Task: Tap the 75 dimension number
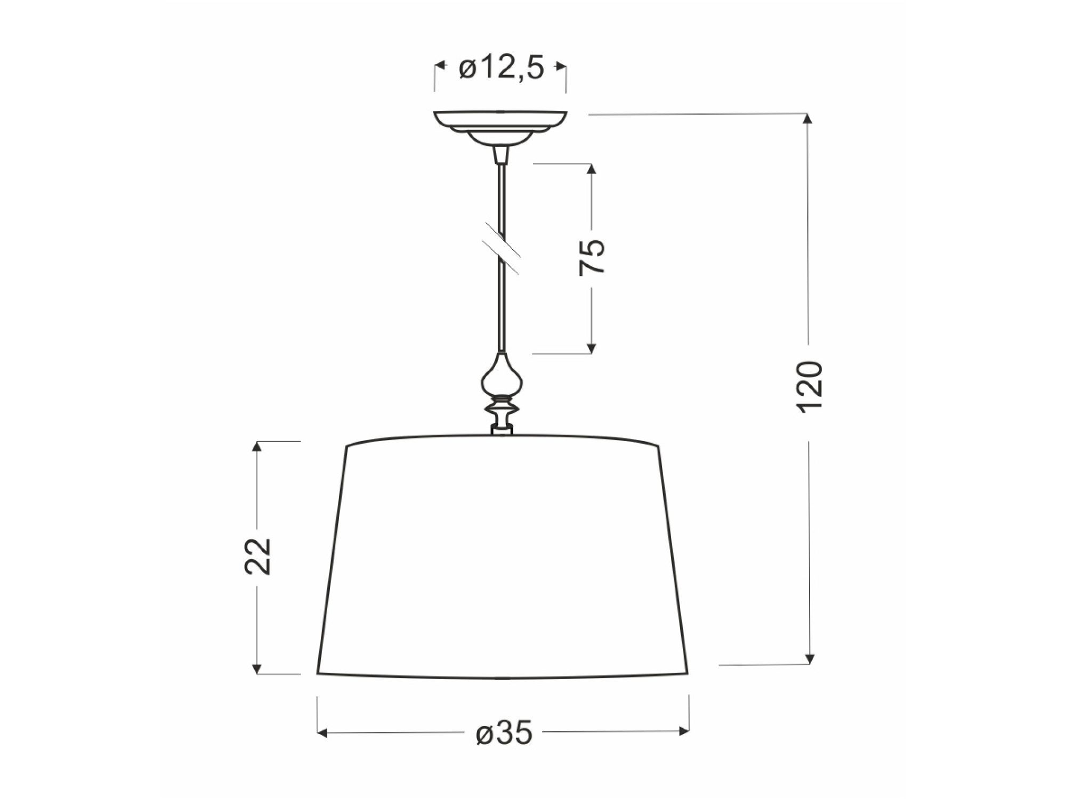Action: click(x=592, y=257)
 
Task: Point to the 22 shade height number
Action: click(x=258, y=556)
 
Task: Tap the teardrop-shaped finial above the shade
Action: click(x=502, y=376)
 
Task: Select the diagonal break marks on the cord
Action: click(x=501, y=249)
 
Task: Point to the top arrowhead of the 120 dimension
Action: click(x=809, y=119)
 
